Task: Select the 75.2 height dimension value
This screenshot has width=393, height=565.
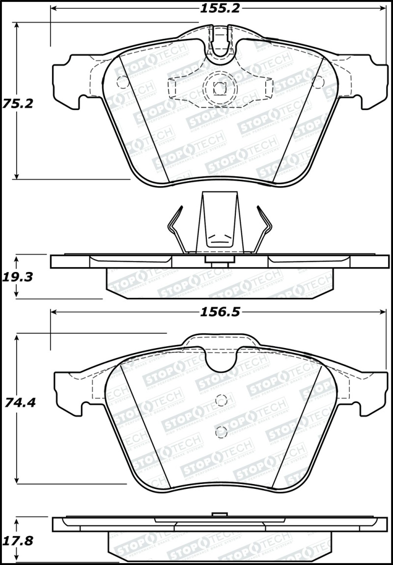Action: tap(18, 104)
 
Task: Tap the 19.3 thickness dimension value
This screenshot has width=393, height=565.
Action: tap(18, 277)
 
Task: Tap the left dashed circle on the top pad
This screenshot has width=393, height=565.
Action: tap(121, 82)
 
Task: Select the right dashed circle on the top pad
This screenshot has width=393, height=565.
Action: tap(318, 82)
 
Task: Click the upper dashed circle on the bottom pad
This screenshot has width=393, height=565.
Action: tap(222, 401)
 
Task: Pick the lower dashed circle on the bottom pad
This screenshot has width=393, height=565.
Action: tap(222, 432)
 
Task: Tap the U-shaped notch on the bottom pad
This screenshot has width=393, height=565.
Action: tap(221, 361)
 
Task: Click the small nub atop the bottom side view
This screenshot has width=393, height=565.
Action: tap(220, 514)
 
